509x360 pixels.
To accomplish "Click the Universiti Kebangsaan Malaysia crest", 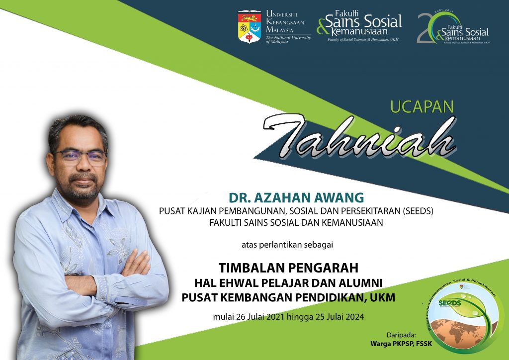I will tap(250, 26).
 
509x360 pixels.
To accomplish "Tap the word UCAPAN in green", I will tap(422, 107).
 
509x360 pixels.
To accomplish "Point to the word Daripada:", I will tap(401, 334).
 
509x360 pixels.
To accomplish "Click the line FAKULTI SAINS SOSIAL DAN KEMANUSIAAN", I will tap(296, 223).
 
